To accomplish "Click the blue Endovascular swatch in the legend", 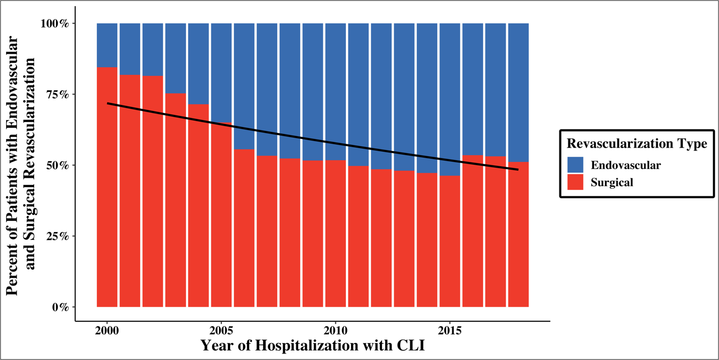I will (x=575, y=165).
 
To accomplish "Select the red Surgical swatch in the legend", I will (x=575, y=182).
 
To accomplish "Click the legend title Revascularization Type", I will (x=637, y=144).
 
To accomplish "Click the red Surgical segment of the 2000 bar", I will (x=107, y=201).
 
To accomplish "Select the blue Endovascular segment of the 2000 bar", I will (x=107, y=45).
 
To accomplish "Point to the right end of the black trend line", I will (x=518, y=170).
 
